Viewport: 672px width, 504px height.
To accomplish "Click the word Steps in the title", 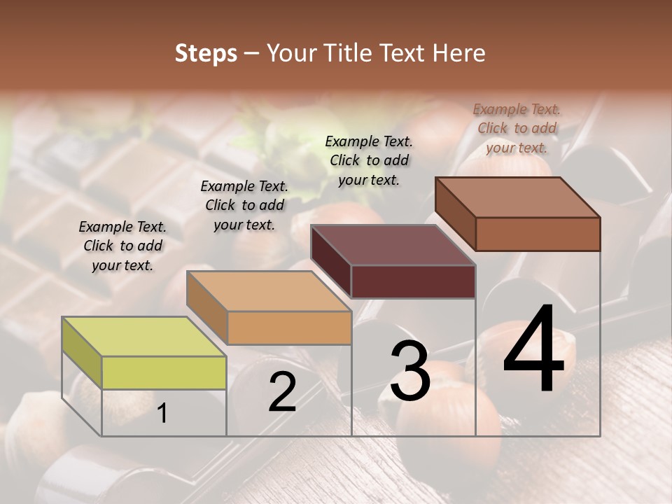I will point(206,53).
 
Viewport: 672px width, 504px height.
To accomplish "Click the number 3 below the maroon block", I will point(410,370).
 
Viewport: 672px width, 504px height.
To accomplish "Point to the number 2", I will point(282,393).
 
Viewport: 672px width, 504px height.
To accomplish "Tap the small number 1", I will point(162,413).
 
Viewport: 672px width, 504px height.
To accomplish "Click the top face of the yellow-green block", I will point(144,337).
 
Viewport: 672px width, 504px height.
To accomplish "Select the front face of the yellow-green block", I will point(164,372).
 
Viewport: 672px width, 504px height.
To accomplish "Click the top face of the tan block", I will point(269,291).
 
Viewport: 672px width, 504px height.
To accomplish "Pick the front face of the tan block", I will point(289,328).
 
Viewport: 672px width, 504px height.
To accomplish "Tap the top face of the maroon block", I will point(393,245).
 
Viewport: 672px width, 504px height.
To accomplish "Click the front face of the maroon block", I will point(413,281).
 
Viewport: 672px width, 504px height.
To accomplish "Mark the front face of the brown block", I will point(538,234).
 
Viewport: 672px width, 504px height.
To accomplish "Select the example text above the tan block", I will point(244,205).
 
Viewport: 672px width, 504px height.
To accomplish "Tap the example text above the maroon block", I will point(369,160).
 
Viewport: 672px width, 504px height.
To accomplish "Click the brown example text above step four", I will point(517,128).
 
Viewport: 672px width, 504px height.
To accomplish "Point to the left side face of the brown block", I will point(455,213).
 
